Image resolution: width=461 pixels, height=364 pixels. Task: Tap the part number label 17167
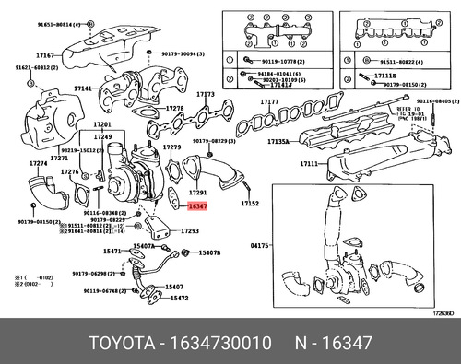(x=45, y=56)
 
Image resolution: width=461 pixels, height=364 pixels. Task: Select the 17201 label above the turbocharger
(x=102, y=124)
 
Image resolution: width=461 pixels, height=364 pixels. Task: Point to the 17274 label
(x=38, y=164)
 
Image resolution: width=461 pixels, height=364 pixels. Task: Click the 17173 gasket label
(x=206, y=94)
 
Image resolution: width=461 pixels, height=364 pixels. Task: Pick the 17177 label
(x=269, y=101)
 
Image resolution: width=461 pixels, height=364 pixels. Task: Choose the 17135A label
(x=278, y=142)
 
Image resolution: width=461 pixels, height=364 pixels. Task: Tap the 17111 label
(x=283, y=163)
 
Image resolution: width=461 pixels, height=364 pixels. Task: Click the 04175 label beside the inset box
(x=262, y=245)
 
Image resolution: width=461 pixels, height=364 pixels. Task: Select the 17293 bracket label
(x=188, y=229)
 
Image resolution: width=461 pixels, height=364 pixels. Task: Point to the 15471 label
(x=112, y=251)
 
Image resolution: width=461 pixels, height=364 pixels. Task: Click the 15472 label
(x=178, y=298)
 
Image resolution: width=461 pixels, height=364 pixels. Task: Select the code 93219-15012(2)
(x=72, y=149)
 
